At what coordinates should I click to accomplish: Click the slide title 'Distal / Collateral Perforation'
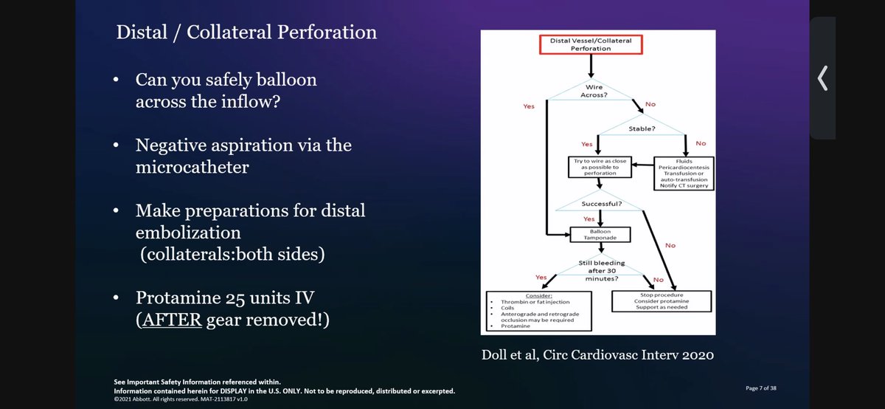pos(246,33)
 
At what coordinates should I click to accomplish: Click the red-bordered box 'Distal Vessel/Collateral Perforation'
pos(591,44)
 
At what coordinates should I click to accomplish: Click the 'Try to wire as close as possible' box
pos(600,167)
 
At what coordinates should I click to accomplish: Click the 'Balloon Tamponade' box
pos(600,236)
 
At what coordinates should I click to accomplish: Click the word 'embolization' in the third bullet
pos(188,233)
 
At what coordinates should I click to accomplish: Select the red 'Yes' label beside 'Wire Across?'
pos(528,106)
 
